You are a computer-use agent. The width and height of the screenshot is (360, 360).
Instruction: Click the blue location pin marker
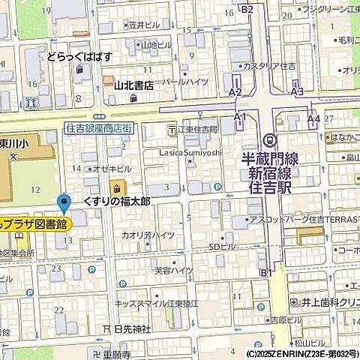pyautogui.click(x=64, y=202)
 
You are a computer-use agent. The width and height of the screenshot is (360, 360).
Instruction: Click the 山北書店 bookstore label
pyautogui.click(x=133, y=85)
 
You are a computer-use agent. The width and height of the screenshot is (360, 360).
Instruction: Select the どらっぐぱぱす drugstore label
pyautogui.click(x=80, y=56)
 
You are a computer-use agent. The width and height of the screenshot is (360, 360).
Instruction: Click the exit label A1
pyautogui.click(x=240, y=117)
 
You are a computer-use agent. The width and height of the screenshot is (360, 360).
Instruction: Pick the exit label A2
pyautogui.click(x=235, y=91)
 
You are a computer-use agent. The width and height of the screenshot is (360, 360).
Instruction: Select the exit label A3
pyautogui.click(x=297, y=91)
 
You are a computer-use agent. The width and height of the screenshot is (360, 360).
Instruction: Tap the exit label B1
pyautogui.click(x=265, y=273)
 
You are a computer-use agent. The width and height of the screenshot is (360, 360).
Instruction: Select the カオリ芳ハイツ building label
pyautogui.click(x=148, y=235)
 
